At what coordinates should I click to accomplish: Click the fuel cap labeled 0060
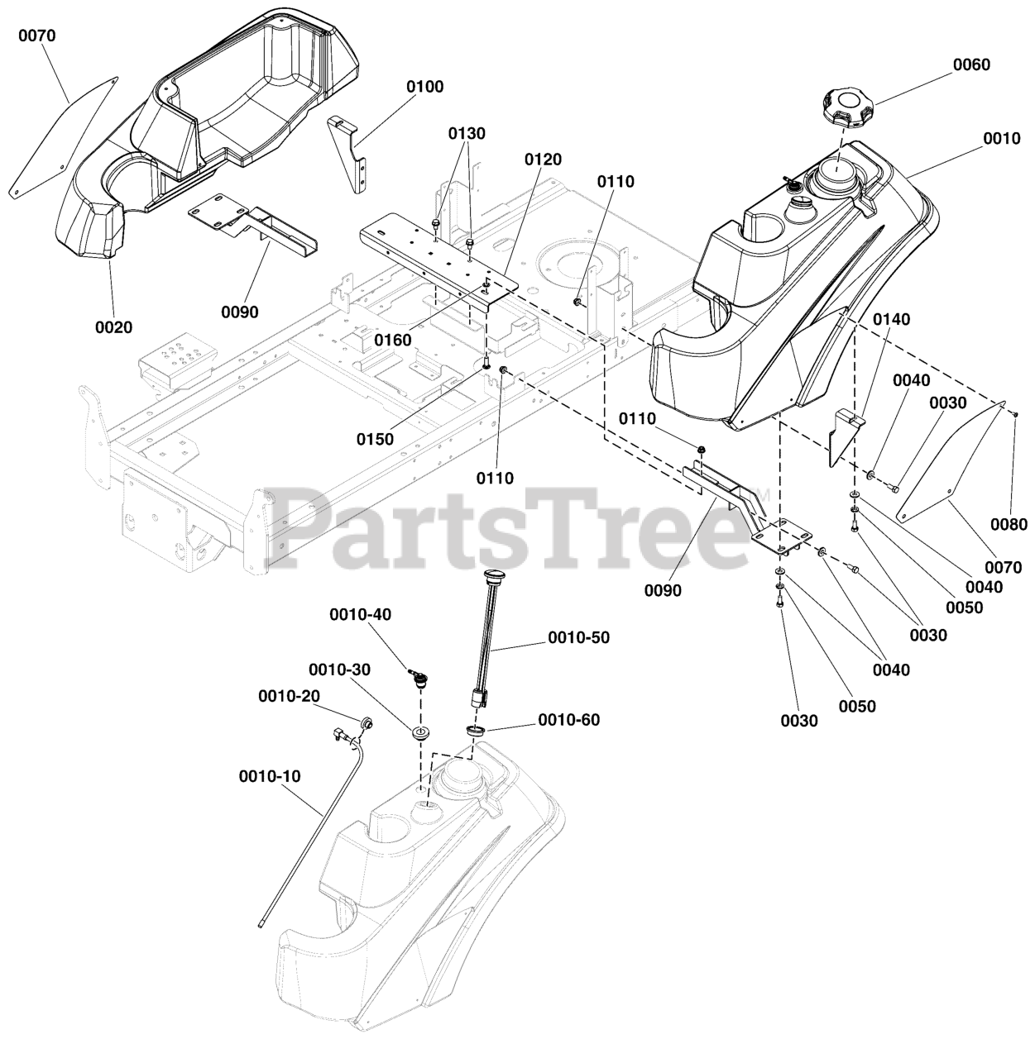(847, 107)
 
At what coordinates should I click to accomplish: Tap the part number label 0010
(1002, 139)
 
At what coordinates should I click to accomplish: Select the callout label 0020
(113, 327)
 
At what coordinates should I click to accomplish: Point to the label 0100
(424, 87)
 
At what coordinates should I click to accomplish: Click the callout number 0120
(543, 160)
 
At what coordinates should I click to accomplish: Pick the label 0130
(467, 134)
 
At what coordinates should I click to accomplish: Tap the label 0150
(376, 440)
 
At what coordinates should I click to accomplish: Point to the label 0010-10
(271, 776)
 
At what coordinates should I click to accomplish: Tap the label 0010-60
(569, 720)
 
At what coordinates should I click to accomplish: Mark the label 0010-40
(361, 614)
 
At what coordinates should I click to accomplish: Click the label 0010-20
(289, 697)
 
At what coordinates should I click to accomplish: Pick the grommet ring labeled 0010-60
(477, 731)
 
